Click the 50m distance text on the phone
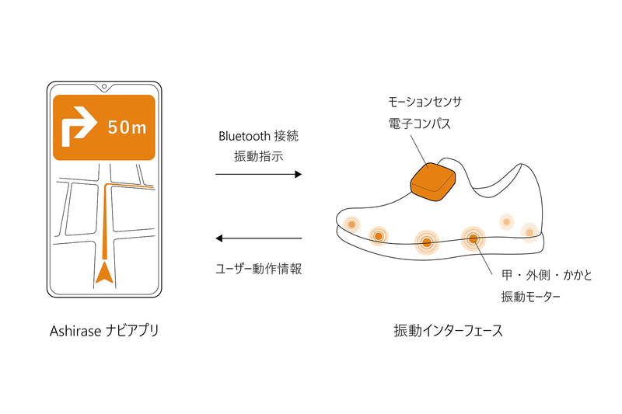tap(127, 127)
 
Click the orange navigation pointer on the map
tap(103, 273)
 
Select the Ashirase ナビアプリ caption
tap(103, 331)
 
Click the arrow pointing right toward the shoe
tap(258, 175)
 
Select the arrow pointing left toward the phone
tap(258, 238)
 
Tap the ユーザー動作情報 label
tap(258, 269)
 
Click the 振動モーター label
tap(531, 297)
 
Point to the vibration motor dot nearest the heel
tap(529, 231)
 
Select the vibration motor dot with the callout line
tap(472, 237)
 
